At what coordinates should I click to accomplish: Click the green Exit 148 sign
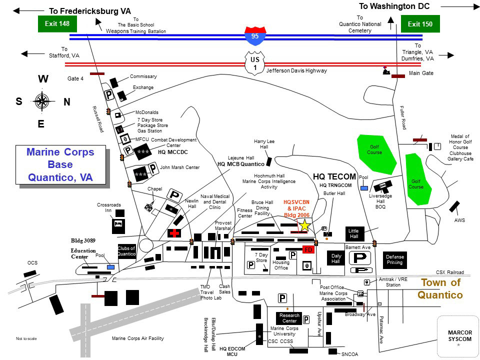tap(57, 23)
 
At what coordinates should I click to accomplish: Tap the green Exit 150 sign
tap(420, 23)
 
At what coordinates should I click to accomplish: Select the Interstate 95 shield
tap(254, 36)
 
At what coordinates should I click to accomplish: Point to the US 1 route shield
tap(254, 64)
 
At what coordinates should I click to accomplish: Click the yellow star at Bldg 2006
tap(304, 226)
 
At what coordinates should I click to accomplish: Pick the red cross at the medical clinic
tap(174, 233)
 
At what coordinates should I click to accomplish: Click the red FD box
tap(308, 249)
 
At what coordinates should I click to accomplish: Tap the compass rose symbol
tap(42, 101)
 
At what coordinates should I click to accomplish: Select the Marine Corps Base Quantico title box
tap(60, 164)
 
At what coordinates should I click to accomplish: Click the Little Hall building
tap(354, 233)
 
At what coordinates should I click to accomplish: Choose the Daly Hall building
tap(336, 258)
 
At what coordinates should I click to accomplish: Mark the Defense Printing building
tap(394, 259)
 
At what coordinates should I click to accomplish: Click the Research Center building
tap(289, 318)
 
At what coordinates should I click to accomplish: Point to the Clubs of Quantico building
tap(126, 251)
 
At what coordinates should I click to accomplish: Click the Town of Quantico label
tap(440, 288)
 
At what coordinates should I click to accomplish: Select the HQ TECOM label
tap(334, 176)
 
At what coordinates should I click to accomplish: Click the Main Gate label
tap(421, 73)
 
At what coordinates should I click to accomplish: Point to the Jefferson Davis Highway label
tap(296, 71)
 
